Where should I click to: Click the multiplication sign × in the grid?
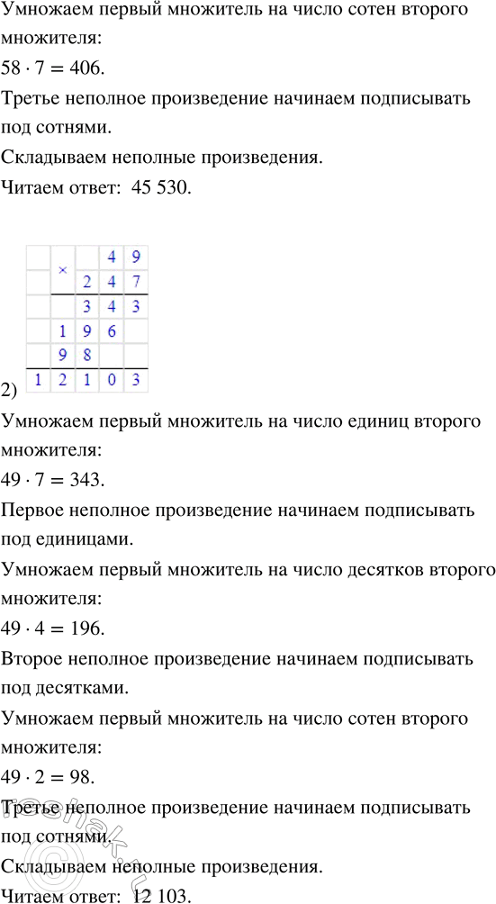(x=62, y=269)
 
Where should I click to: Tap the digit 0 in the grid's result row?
(x=111, y=381)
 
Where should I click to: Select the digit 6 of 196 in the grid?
(x=111, y=330)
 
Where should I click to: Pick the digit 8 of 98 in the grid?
(x=86, y=356)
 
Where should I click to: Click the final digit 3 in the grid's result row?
(x=135, y=381)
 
